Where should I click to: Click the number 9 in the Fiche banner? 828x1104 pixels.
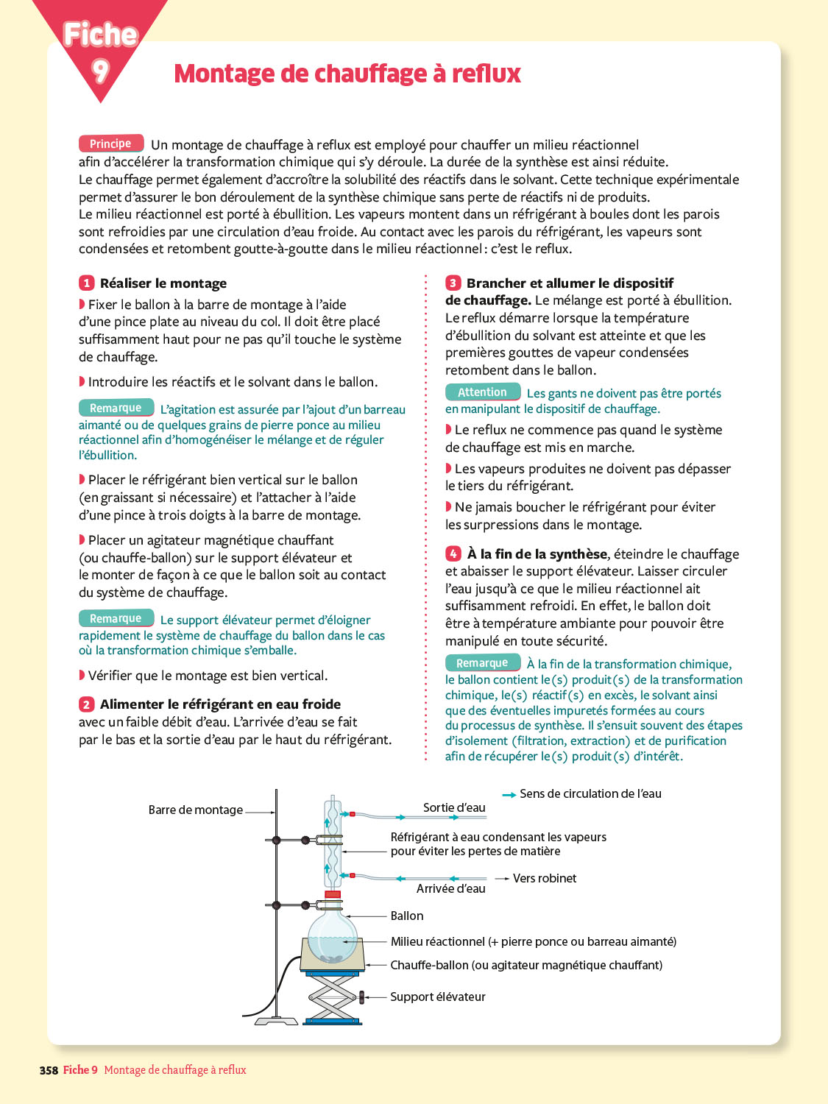coord(100,70)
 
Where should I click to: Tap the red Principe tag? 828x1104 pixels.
coord(110,144)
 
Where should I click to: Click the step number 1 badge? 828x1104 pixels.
coord(87,283)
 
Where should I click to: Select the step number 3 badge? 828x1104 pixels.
coord(453,283)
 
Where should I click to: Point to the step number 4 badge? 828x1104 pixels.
coord(453,554)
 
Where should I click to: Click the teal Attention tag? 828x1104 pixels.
coord(483,392)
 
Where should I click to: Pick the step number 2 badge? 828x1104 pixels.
coord(87,704)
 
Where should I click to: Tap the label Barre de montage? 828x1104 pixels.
coord(196,810)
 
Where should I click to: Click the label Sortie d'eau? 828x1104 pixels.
coord(454,808)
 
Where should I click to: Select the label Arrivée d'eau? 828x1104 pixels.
coord(451,889)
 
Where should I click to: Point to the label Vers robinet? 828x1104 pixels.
coord(545,879)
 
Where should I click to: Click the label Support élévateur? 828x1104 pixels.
coord(438,997)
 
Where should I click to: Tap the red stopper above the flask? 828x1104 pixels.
coord(333,895)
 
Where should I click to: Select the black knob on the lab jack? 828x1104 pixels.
coord(361,997)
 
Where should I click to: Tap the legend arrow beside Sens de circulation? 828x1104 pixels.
coord(509,795)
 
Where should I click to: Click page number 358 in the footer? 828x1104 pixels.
coord(49,1071)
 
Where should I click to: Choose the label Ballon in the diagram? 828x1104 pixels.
coord(407,916)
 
